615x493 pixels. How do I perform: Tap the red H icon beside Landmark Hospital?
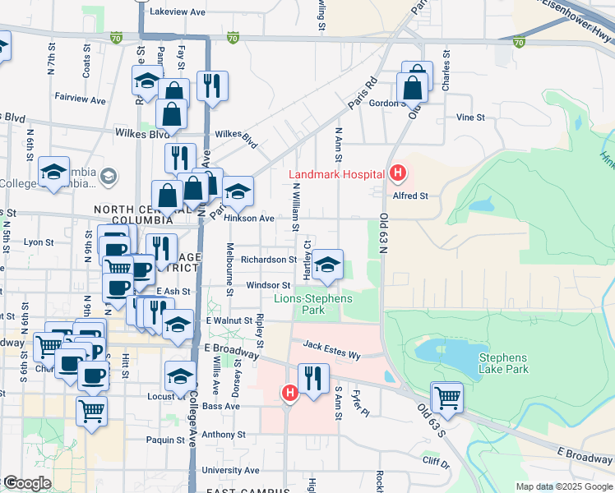coord(398,173)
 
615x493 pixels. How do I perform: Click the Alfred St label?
coord(411,196)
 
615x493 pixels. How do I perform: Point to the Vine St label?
coord(470,117)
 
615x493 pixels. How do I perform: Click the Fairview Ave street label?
coord(81,99)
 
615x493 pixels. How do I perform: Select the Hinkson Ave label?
coord(255,219)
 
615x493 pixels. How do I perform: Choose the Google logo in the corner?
coord(26,484)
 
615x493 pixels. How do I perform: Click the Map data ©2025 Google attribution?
coord(564,486)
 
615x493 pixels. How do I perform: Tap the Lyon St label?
coord(39,242)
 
